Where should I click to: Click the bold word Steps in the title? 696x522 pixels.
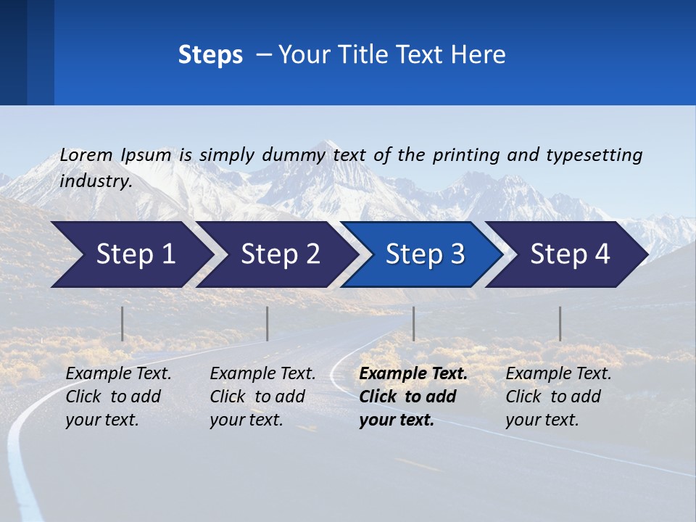point(210,55)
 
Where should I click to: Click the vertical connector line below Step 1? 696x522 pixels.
point(123,323)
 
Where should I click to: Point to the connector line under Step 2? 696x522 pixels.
point(268,323)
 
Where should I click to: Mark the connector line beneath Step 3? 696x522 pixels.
point(413,323)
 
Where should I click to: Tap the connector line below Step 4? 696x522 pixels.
point(560,323)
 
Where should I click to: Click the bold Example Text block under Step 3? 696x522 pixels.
point(413,397)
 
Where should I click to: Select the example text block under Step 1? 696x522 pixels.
point(118,397)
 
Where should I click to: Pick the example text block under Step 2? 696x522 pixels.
point(262,397)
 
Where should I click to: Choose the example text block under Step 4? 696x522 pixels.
point(558,397)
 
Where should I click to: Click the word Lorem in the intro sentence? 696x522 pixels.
point(86,154)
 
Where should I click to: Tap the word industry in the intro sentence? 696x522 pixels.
point(96,181)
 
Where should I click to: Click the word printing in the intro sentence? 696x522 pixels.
point(466,154)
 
